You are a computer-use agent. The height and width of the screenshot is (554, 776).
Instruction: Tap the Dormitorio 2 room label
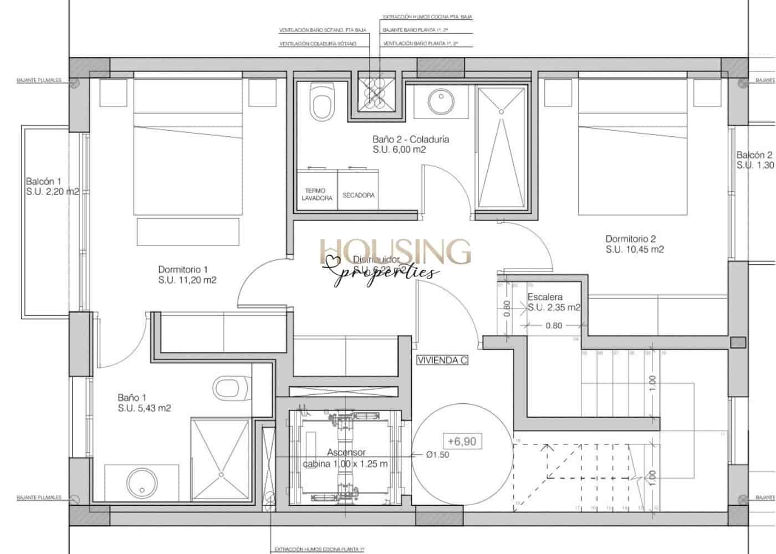click(634, 244)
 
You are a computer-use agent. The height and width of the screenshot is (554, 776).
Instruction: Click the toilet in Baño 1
click(230, 387)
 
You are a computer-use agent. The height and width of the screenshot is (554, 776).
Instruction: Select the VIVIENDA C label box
click(442, 360)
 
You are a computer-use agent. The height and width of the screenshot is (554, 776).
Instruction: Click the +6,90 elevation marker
click(462, 442)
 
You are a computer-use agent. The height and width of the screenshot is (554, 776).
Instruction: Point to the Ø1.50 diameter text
click(437, 455)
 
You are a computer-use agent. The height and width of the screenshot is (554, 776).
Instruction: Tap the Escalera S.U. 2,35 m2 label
click(553, 302)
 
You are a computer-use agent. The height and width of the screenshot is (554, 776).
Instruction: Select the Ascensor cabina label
click(345, 458)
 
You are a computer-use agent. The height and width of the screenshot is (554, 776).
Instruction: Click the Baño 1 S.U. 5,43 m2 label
click(144, 403)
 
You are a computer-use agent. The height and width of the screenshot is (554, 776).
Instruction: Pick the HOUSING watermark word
click(395, 252)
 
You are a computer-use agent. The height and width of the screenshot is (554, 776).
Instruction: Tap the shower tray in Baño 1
click(220, 460)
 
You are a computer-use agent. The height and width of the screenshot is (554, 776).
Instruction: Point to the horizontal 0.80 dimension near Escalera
click(553, 326)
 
